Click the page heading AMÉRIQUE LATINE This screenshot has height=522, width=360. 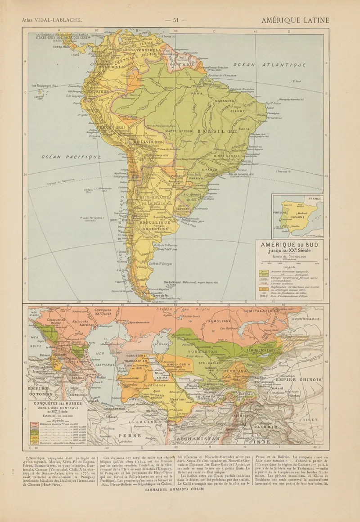pos(295,20)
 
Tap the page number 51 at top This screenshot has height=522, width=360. pos(176,20)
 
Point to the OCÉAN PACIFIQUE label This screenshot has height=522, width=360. pos(71,157)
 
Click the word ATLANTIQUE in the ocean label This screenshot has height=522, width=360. pos(284,65)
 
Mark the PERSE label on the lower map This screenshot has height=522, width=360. pos(129,435)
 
